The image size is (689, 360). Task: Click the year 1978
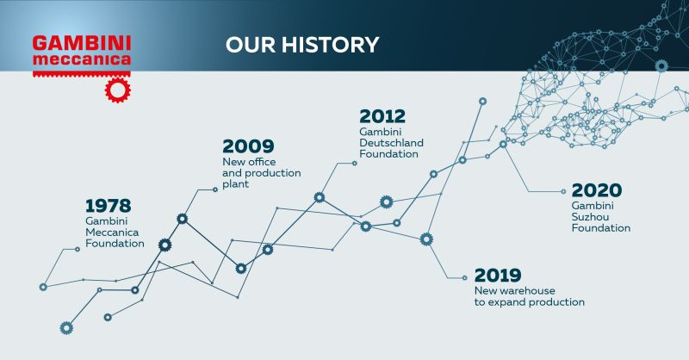[x=109, y=206]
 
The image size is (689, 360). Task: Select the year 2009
[x=248, y=146]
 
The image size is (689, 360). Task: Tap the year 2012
[x=382, y=116]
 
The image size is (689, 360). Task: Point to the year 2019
[x=498, y=276]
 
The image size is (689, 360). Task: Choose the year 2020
[x=597, y=190]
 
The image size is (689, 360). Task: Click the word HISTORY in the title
[x=330, y=45]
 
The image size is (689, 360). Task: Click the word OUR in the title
[x=251, y=45]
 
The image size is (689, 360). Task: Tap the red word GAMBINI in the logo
[x=82, y=44]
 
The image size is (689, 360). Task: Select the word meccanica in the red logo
[x=82, y=59]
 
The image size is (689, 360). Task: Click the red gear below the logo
[x=118, y=90]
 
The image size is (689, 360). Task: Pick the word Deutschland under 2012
[x=391, y=143]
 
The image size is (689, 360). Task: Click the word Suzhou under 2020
[x=590, y=217]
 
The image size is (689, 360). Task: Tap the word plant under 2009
[x=235, y=184]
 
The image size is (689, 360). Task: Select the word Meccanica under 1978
[x=112, y=232]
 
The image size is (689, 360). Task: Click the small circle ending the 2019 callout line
[x=464, y=278]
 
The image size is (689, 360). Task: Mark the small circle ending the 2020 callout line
[x=563, y=192]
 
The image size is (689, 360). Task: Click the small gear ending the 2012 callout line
[x=355, y=163]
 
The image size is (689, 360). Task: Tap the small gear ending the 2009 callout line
[x=214, y=189]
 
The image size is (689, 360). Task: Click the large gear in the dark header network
[x=661, y=66]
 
